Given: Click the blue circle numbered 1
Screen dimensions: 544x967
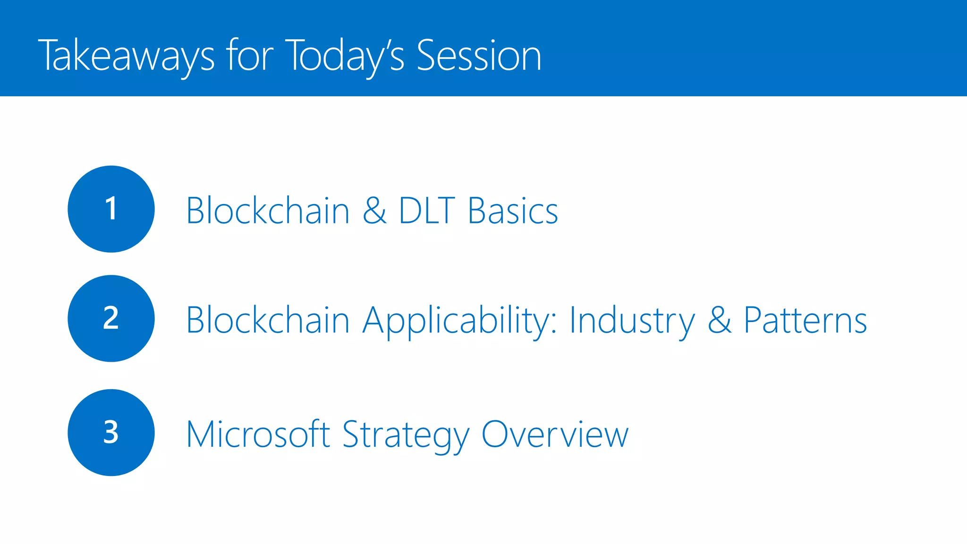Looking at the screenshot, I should [x=111, y=209].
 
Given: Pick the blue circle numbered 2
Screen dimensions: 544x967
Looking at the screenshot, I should [x=111, y=318].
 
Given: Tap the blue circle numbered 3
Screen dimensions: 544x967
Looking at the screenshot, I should [x=111, y=433].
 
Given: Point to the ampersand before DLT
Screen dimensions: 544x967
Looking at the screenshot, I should [x=374, y=211].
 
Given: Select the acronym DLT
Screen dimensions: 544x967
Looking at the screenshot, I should [x=427, y=211].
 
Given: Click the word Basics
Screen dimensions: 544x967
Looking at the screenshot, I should [x=513, y=211].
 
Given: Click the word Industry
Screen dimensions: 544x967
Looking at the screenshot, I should [x=632, y=321].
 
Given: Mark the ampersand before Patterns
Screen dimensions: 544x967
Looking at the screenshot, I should [x=720, y=320].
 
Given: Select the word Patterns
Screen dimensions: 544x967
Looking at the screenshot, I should [x=806, y=320].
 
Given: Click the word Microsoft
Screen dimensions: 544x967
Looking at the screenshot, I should [x=258, y=434].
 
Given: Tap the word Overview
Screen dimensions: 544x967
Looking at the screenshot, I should [x=555, y=434].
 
